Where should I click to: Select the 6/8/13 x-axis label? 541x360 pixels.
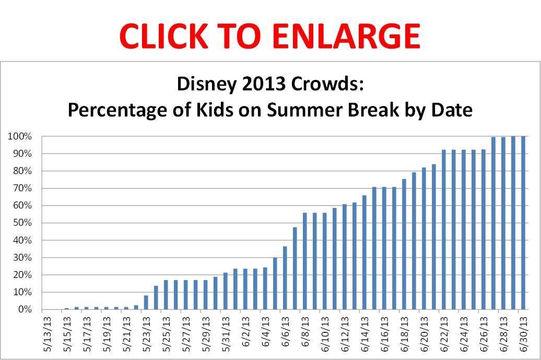click(305, 329)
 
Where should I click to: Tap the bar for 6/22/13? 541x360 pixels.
click(444, 230)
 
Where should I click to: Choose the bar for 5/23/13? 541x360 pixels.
click(146, 303)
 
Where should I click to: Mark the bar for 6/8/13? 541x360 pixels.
click(305, 261)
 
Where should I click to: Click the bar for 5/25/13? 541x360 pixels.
click(166, 295)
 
